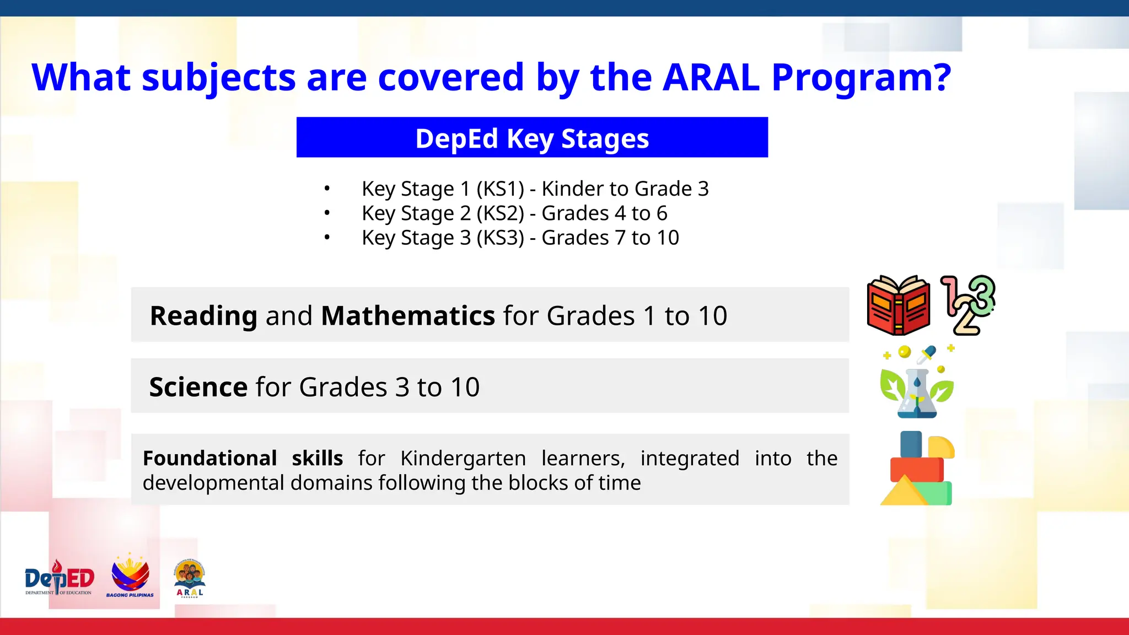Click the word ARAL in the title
pyautogui.click(x=711, y=77)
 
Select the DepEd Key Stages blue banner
pyautogui.click(x=532, y=138)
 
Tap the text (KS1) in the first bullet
pyautogui.click(x=500, y=189)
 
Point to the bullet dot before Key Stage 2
pyautogui.click(x=327, y=213)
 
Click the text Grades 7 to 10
pyautogui.click(x=610, y=238)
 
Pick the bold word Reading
pyautogui.click(x=203, y=316)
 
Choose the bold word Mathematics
pyautogui.click(x=408, y=316)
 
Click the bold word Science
pyautogui.click(x=198, y=387)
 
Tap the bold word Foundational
pyautogui.click(x=209, y=459)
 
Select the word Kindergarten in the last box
pyautogui.click(x=463, y=459)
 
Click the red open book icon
pyautogui.click(x=899, y=305)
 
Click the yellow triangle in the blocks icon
pyautogui.click(x=904, y=492)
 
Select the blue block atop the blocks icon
pyautogui.click(x=911, y=444)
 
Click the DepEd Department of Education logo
pyautogui.click(x=59, y=579)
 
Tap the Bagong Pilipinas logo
pyautogui.click(x=130, y=577)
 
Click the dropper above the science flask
pyautogui.click(x=927, y=354)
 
